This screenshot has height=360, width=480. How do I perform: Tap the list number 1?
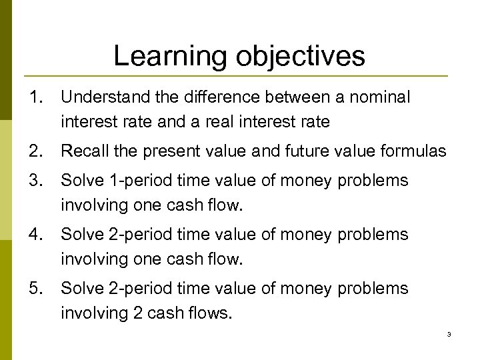coord(35,98)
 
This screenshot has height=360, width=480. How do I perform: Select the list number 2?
coord(35,151)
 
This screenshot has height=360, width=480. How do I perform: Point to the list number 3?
coord(35,181)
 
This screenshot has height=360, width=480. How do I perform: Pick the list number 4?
coord(35,235)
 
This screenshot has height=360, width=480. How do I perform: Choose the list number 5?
coord(35,289)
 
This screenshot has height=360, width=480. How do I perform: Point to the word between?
coord(285,98)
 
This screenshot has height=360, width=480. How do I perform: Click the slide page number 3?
coord(449,334)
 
